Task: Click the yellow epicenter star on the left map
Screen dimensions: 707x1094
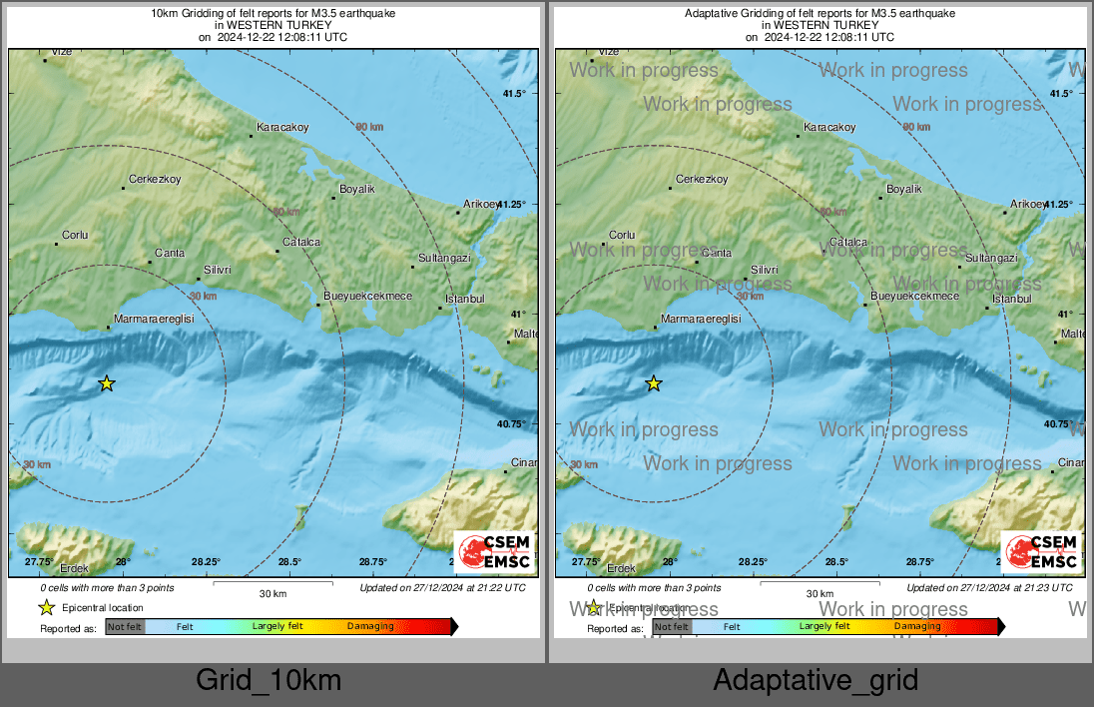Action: [107, 383]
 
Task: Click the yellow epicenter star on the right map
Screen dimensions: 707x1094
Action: [654, 383]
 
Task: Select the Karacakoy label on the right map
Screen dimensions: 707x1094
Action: [829, 128]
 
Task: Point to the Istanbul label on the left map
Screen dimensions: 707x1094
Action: [464, 299]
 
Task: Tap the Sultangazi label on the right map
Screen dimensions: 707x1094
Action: [991, 258]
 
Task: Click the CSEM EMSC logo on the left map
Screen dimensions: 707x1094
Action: [495, 552]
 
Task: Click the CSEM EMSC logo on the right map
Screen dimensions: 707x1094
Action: [1042, 552]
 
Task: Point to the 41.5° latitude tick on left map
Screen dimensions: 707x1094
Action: [514, 94]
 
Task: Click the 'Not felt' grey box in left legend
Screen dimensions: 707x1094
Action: [126, 627]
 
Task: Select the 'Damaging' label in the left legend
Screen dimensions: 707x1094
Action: [370, 626]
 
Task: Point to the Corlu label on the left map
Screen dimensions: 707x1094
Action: [75, 236]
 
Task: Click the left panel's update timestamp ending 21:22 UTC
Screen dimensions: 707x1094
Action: [442, 588]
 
